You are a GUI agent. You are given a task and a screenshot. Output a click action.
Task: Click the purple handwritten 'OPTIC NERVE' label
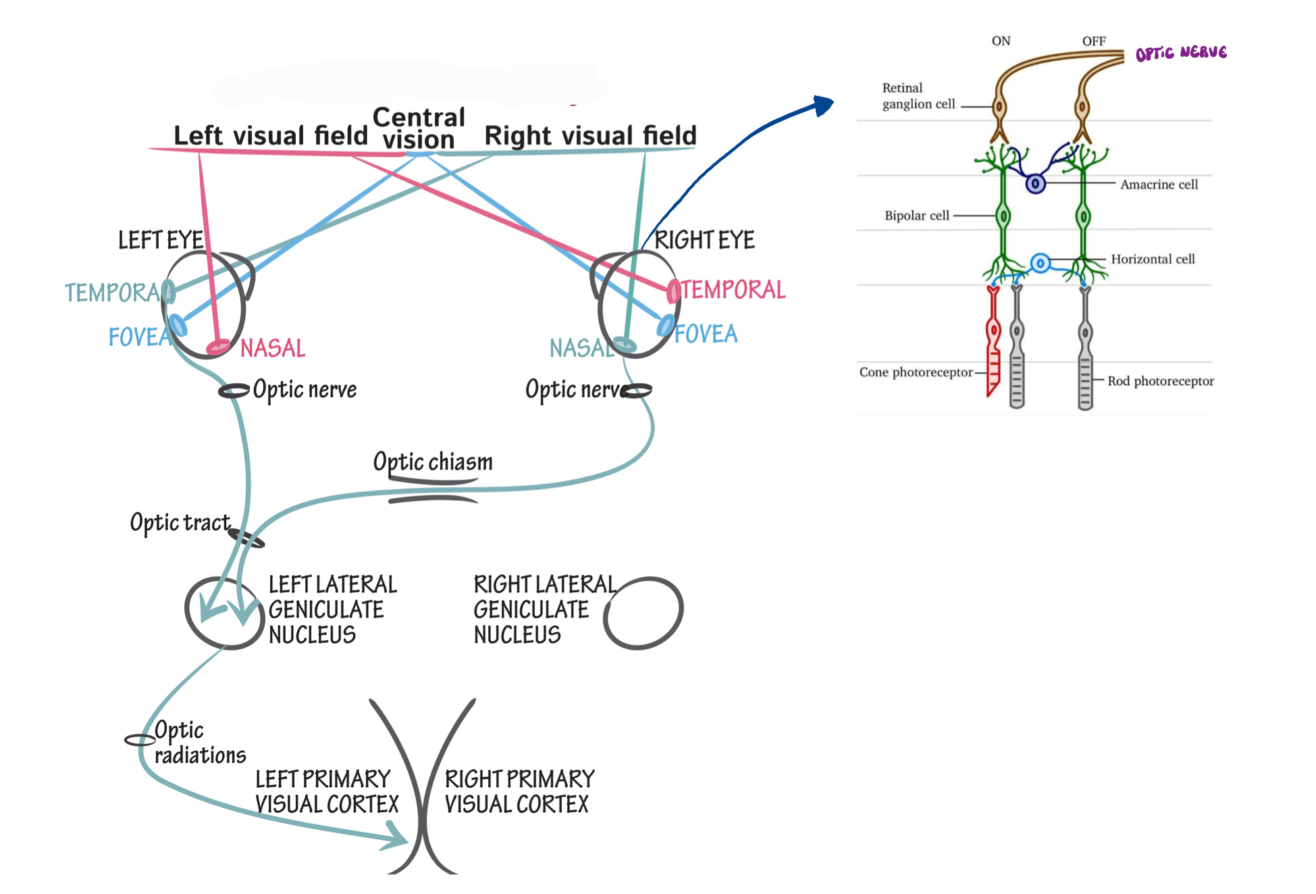tap(1181, 53)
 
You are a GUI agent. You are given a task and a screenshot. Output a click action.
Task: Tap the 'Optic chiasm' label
tap(433, 462)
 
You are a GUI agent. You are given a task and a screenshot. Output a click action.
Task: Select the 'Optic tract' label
tap(180, 523)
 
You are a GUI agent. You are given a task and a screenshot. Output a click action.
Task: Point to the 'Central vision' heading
tap(419, 128)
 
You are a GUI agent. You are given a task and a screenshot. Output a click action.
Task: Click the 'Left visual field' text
tap(270, 136)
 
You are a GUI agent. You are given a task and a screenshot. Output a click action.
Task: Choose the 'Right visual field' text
tap(590, 136)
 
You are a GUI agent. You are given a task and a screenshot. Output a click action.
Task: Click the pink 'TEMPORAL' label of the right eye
tap(733, 290)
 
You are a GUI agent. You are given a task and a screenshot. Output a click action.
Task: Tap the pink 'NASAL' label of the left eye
tap(273, 348)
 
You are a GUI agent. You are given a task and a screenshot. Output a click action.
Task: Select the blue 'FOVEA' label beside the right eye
tap(706, 334)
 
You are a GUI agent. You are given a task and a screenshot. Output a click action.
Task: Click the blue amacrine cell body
tap(1035, 183)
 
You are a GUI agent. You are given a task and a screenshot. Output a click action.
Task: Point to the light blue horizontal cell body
tap(1041, 263)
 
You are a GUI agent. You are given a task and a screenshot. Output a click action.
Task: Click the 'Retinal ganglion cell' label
tap(918, 96)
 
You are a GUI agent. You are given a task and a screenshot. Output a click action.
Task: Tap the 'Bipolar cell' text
tap(917, 216)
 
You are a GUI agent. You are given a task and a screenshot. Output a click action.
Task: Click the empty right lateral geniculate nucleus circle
tap(644, 612)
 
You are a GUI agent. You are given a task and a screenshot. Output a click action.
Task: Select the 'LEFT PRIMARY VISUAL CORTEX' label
tap(327, 791)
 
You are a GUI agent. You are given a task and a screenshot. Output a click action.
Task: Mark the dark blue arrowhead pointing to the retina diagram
tap(824, 105)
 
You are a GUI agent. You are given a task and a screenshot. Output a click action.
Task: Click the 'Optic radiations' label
tap(199, 743)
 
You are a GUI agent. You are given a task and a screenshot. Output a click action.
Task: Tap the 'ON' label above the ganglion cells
tap(1001, 41)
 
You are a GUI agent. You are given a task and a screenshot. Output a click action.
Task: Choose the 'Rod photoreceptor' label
tap(1160, 381)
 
